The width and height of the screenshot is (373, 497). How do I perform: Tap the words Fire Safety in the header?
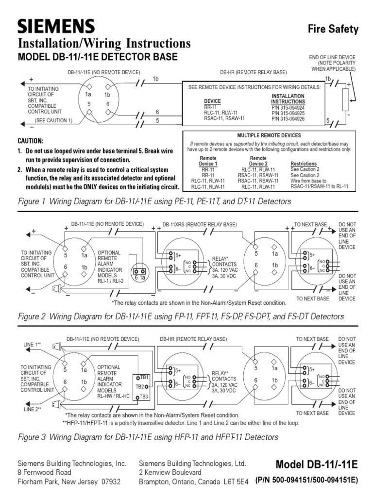click(x=333, y=29)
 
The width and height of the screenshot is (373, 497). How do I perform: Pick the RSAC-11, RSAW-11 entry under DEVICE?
click(x=224, y=118)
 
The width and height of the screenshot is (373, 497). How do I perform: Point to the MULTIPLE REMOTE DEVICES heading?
click(x=269, y=135)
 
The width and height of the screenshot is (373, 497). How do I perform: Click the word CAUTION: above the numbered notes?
click(x=31, y=141)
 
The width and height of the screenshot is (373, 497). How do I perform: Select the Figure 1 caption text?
click(x=154, y=201)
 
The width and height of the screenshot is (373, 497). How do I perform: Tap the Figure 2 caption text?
click(x=180, y=316)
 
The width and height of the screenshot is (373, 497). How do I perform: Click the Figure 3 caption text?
click(x=148, y=437)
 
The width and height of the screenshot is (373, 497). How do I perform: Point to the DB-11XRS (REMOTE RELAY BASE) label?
click(x=200, y=225)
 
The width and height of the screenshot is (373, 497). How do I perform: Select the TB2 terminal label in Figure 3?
click(x=140, y=387)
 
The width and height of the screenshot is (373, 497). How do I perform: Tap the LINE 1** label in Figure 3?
click(x=33, y=344)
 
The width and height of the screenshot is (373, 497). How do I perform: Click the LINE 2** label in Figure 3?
click(x=33, y=410)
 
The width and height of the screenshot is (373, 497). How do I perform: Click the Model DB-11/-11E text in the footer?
click(x=316, y=464)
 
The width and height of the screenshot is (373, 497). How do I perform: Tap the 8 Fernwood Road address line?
click(x=44, y=472)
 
